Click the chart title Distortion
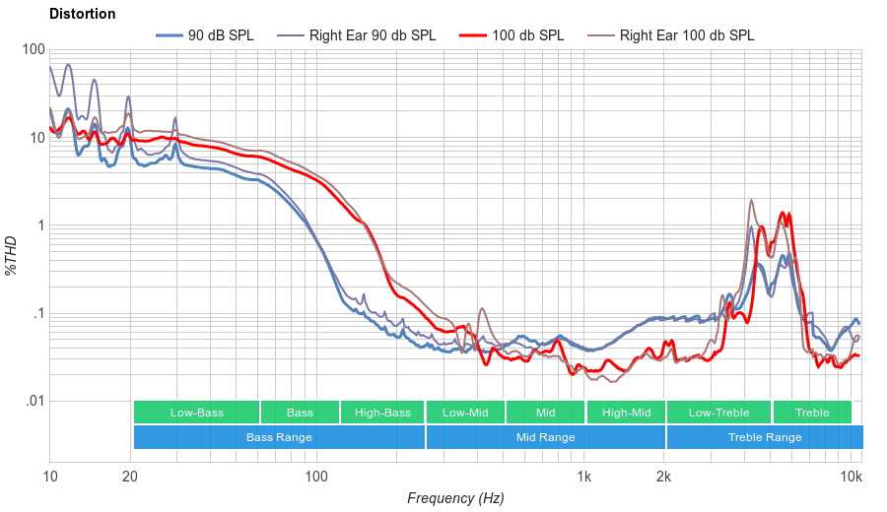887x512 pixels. tap(82, 14)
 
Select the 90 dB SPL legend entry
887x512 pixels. tap(220, 35)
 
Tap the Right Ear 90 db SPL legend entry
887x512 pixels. tap(372, 35)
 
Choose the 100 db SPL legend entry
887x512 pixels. tap(527, 35)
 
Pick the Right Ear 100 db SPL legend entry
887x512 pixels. tap(686, 35)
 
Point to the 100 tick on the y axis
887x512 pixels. tap(33, 50)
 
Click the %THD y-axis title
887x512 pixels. tap(12, 255)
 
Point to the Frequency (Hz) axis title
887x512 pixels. tap(455, 498)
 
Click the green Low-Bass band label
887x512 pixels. tap(196, 413)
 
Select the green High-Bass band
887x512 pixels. tap(382, 413)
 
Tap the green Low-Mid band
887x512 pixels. tap(465, 413)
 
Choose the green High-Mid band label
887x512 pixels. tap(626, 413)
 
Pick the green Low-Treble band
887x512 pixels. tap(718, 413)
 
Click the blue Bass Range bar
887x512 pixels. tap(279, 437)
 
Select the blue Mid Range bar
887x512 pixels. tap(545, 437)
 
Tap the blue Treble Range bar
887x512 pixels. tap(764, 437)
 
